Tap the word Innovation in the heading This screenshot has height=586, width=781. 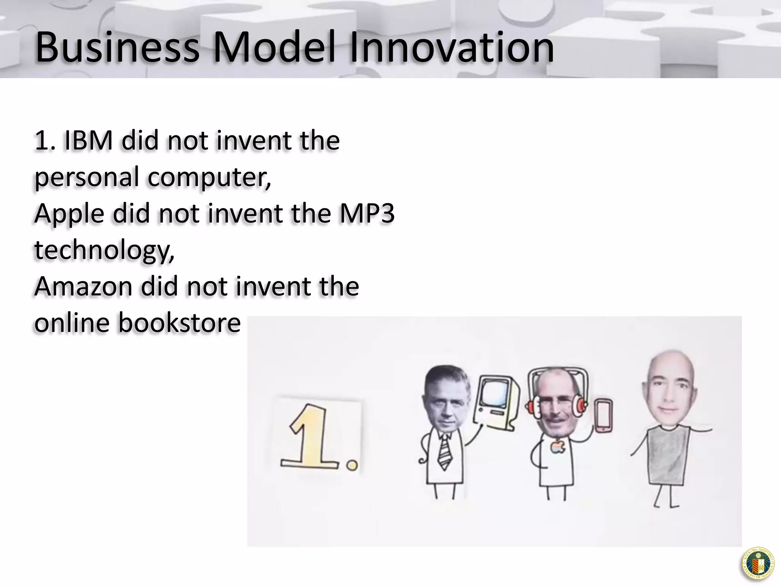coord(452,48)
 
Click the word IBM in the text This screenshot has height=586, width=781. coord(88,140)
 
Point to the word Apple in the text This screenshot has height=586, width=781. coord(69,214)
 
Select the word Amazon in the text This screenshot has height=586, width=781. coord(83,287)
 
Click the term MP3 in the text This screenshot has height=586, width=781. coord(367,213)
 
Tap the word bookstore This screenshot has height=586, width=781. coord(179,323)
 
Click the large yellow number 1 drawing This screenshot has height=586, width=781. coord(311,439)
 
